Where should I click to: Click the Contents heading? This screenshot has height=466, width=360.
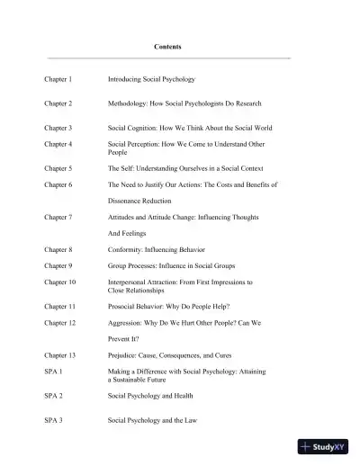pos(166,46)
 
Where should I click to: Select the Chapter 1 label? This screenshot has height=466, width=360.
pos(58,79)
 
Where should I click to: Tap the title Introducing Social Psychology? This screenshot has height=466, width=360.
pos(151,79)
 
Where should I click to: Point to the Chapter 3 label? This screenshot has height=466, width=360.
pos(58,128)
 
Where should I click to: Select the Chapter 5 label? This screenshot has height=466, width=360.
pos(58,168)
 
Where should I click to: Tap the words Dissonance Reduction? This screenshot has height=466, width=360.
pos(139,201)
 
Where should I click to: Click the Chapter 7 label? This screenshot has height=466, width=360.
pos(58,217)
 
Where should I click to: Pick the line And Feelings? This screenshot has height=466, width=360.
pos(127,233)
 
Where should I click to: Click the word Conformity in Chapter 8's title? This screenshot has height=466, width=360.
pos(128,249)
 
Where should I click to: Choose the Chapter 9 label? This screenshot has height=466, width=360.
pos(58,265)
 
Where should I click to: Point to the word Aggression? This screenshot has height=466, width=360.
pos(126,322)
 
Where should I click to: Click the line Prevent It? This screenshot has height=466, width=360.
pos(126,338)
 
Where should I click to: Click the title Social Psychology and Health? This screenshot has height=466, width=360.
pos(150,395)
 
